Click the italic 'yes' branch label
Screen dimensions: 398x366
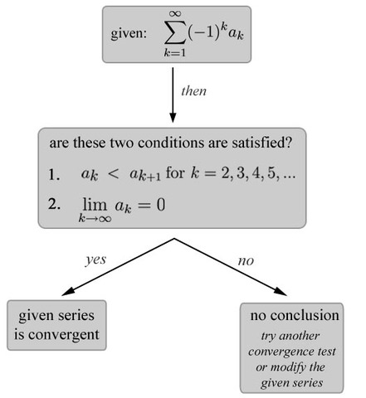click(x=96, y=259)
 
